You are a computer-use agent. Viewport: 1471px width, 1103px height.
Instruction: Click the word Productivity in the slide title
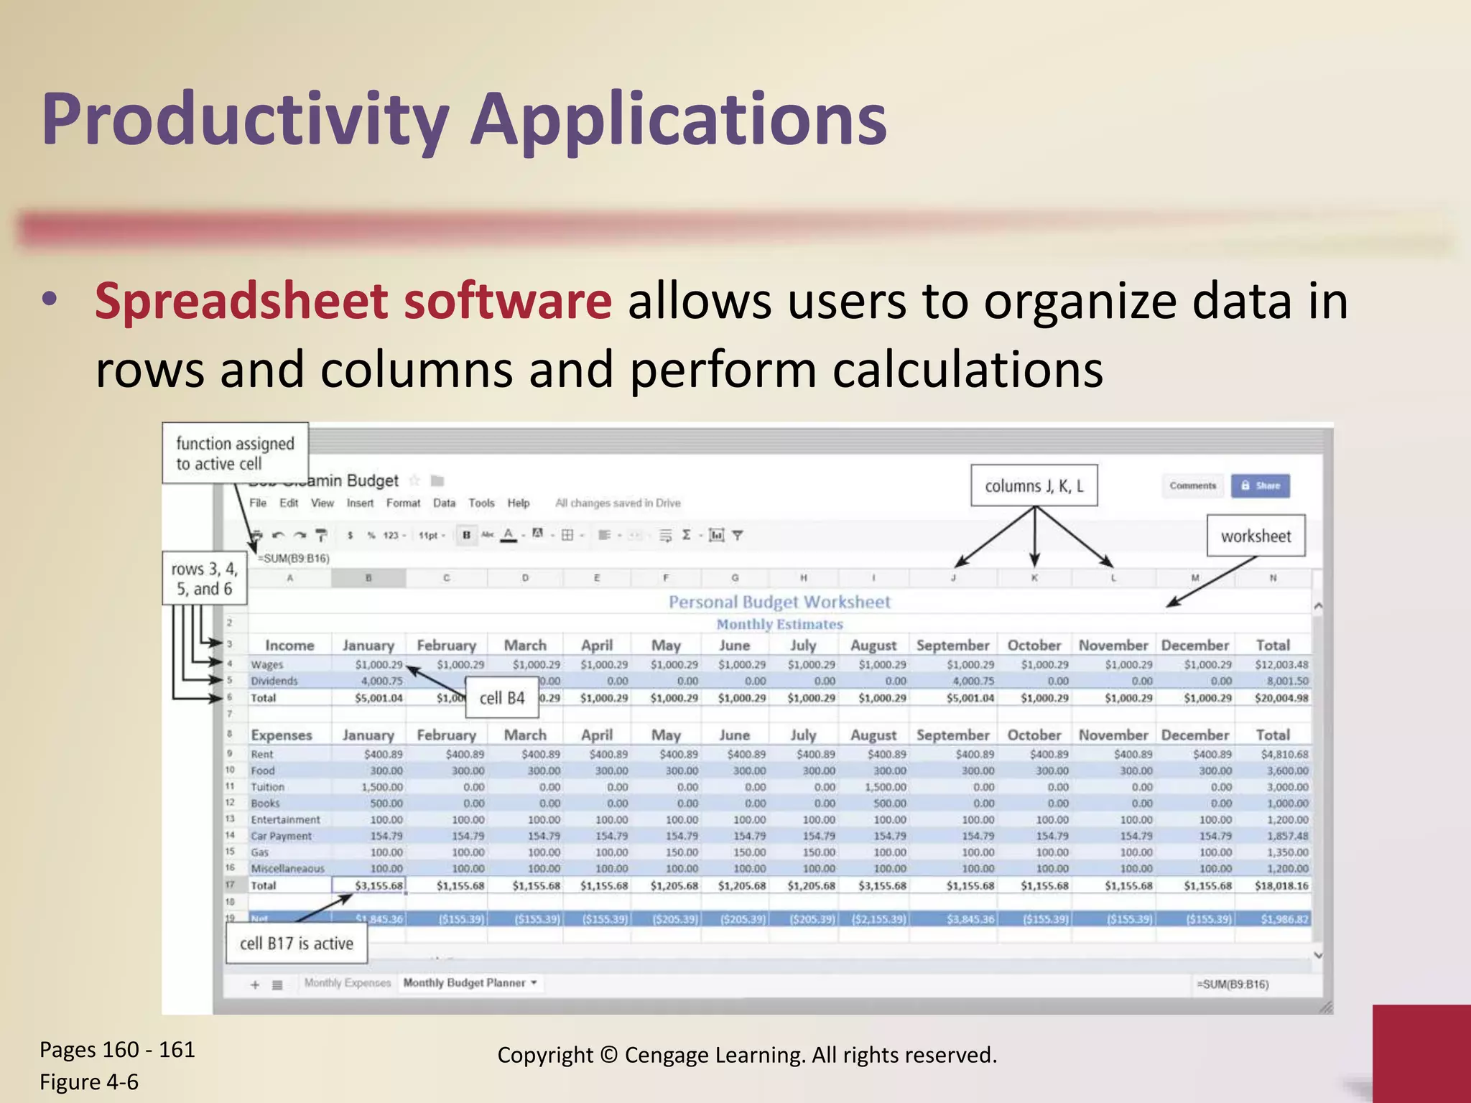(244, 119)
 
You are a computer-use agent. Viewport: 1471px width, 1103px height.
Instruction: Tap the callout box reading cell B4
(502, 698)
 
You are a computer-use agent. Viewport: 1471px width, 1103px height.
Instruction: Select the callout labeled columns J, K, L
(1034, 486)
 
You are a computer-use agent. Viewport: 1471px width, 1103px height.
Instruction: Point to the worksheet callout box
(1256, 536)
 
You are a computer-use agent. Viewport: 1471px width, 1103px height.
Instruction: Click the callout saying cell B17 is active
(296, 943)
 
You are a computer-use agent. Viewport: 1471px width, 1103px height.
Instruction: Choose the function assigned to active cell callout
(235, 453)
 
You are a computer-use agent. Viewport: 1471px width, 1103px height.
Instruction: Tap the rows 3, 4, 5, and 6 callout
(205, 579)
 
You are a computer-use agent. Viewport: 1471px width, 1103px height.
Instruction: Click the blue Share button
(1260, 485)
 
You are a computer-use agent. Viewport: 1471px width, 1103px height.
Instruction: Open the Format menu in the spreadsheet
(403, 503)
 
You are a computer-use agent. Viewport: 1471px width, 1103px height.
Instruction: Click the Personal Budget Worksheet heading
(779, 602)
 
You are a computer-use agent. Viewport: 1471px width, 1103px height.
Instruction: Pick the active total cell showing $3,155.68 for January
(370, 885)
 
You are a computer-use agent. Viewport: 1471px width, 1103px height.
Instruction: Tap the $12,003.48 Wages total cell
(1281, 665)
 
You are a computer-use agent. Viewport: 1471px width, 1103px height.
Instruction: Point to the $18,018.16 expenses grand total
(1281, 885)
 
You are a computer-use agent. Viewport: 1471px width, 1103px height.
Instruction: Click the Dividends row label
(274, 681)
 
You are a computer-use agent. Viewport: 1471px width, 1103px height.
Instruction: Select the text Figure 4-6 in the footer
(89, 1081)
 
